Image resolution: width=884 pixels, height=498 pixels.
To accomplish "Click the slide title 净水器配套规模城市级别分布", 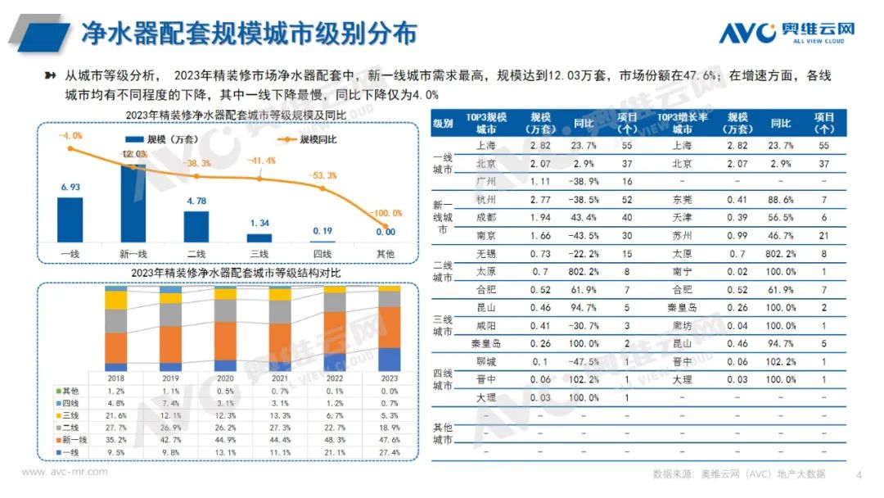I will point(250,33).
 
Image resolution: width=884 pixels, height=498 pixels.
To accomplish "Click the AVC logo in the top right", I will point(786,33).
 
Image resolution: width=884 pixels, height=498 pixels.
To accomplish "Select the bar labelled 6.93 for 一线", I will point(70,220).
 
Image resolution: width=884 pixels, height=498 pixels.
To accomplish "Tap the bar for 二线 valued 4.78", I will point(196,227).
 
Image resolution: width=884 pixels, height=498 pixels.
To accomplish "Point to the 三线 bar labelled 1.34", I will point(259,238).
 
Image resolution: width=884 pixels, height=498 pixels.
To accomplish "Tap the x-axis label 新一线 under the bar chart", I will point(133,254).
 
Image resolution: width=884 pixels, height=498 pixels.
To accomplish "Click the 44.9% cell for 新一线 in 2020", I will point(226,439).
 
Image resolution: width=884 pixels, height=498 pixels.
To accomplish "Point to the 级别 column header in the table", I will point(443,124).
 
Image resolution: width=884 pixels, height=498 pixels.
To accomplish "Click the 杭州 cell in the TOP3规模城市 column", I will point(485,199).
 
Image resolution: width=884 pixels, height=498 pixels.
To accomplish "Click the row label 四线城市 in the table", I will point(443,379).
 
